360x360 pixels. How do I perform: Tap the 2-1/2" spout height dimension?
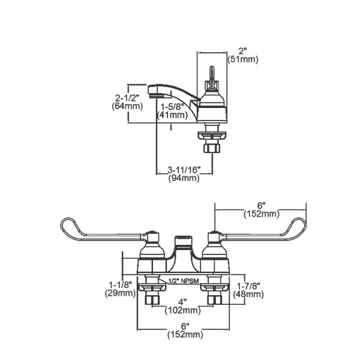[x=126, y=97]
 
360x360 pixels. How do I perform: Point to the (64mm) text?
[x=127, y=106]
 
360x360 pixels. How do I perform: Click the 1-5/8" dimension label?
[x=171, y=106]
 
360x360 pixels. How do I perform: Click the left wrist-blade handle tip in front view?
[x=65, y=226]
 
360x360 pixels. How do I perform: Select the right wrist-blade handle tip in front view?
[x=302, y=226]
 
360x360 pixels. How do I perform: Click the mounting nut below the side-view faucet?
[x=212, y=148]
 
